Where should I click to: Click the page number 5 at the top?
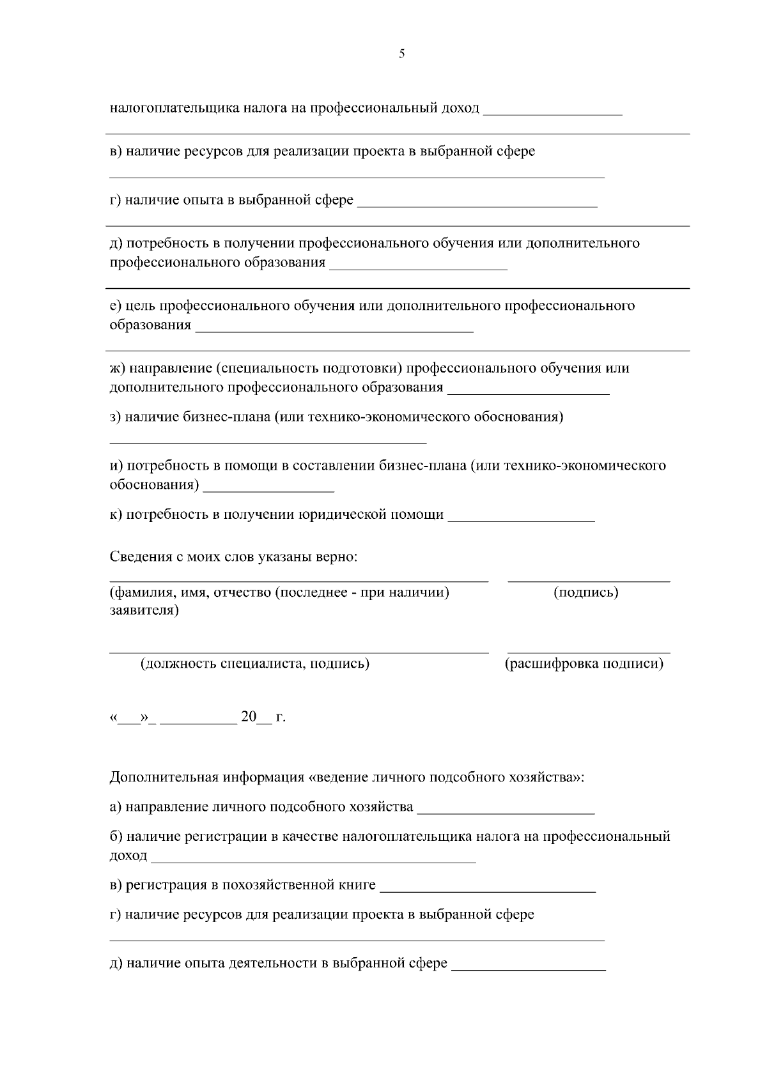click(x=401, y=54)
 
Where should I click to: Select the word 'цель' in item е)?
click(x=141, y=305)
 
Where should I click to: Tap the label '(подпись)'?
click(x=585, y=592)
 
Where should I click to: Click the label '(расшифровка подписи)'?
click(x=584, y=664)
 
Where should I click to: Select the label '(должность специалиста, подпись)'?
click(x=254, y=664)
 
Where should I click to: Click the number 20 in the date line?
click(x=248, y=718)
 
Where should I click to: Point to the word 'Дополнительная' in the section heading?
click(x=164, y=778)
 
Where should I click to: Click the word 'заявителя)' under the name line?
click(x=144, y=610)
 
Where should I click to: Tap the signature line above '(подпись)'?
click(x=589, y=580)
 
